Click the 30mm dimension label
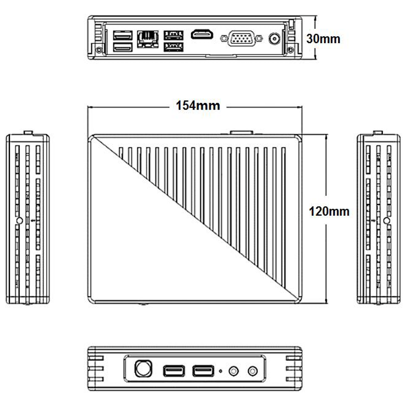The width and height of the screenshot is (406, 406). click(x=323, y=39)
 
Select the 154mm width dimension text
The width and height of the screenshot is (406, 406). click(x=198, y=106)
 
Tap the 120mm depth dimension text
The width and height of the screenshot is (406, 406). click(x=329, y=212)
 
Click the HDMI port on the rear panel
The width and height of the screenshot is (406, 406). click(x=202, y=35)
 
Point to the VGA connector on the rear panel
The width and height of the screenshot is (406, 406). click(x=241, y=38)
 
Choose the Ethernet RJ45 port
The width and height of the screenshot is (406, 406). click(x=148, y=39)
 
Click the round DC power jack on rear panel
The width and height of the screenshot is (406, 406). click(x=274, y=39)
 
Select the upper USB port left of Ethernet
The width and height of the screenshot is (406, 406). click(x=123, y=35)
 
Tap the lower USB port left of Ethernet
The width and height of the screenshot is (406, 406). click(x=123, y=47)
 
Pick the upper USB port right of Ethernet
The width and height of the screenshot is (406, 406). click(x=173, y=35)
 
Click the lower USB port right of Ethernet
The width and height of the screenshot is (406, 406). click(x=173, y=47)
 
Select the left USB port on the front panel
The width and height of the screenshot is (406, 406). click(x=174, y=371)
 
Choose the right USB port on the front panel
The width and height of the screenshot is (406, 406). click(x=203, y=371)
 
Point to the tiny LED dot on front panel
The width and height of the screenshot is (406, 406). click(x=220, y=371)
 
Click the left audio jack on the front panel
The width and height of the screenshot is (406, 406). click(x=234, y=371)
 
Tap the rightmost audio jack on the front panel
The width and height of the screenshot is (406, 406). click(x=253, y=371)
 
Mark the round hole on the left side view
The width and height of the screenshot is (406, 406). click(x=19, y=220)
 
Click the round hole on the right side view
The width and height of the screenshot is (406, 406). click(x=387, y=220)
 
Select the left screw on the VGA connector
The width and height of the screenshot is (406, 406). click(x=224, y=39)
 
